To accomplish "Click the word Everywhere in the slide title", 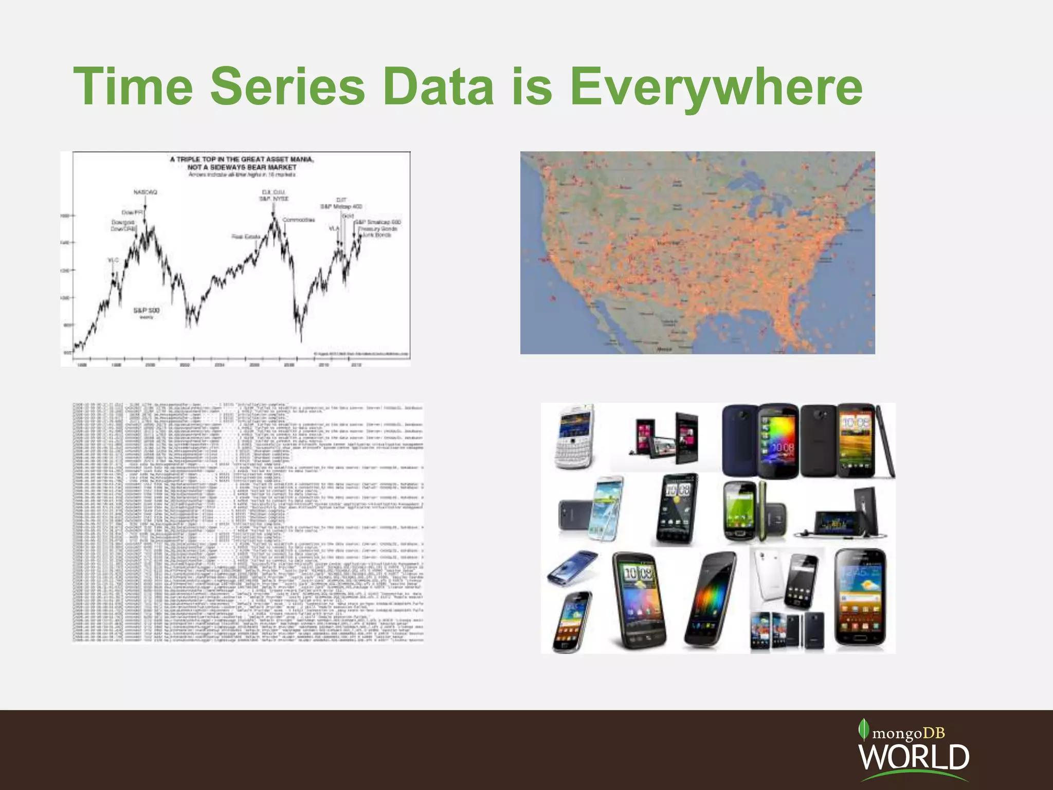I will (x=716, y=87).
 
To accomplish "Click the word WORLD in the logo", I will (x=913, y=757).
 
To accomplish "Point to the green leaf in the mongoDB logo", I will (x=864, y=730).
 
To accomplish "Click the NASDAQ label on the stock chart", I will (x=145, y=192).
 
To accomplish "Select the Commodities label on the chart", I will (x=299, y=220).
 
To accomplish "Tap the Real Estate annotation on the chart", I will (x=246, y=237).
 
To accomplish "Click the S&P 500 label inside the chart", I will (x=147, y=310).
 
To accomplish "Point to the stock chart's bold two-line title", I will (x=242, y=163).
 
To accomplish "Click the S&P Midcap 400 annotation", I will (x=341, y=206).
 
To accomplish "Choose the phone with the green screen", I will (x=740, y=512).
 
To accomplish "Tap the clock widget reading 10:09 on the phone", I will (x=638, y=573).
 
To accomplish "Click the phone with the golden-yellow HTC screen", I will (x=856, y=440).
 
